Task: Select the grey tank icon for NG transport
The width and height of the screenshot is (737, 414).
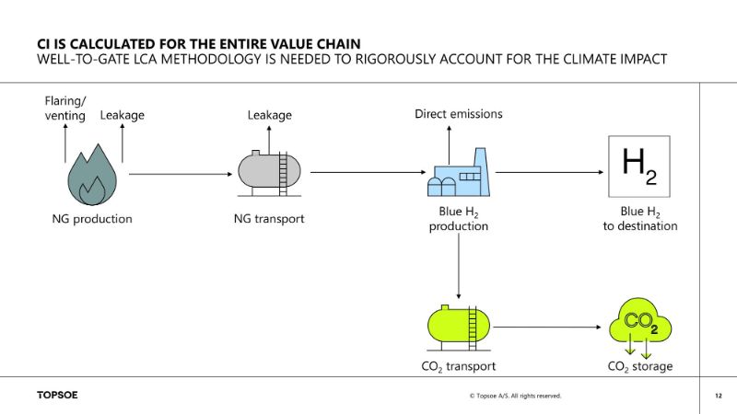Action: pos(269,171)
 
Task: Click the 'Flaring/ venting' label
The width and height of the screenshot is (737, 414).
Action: pos(65,108)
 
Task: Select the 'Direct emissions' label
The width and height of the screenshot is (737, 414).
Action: pos(458,114)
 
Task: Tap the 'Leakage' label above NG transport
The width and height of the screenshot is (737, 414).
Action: pos(269,115)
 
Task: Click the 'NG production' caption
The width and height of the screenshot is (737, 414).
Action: pos(92,219)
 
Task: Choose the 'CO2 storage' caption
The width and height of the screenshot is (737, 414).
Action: pos(641,366)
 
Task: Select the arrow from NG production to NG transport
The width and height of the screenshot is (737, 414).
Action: pos(181,173)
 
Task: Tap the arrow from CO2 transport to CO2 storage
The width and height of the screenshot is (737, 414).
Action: pos(549,326)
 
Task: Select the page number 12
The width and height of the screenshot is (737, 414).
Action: pos(718,396)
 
